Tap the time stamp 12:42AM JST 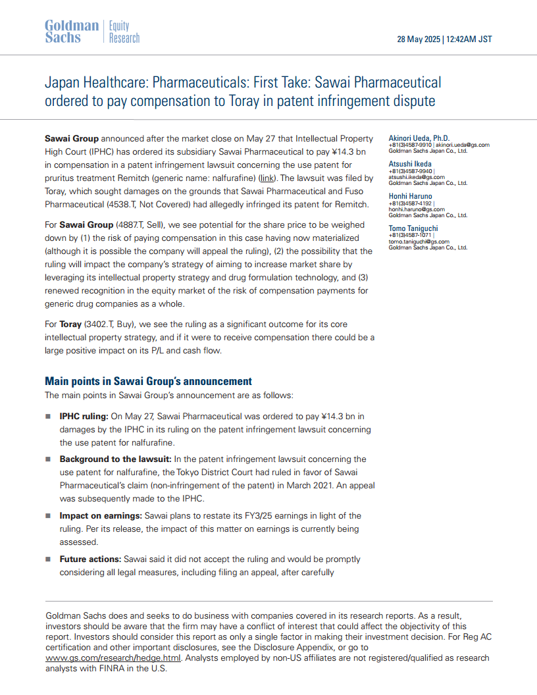pos(469,39)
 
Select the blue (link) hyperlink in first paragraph pos(267,178)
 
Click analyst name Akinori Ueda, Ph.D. pos(419,138)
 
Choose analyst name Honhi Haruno pos(411,196)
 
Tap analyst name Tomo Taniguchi pos(413,228)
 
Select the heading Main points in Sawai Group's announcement pos(148,381)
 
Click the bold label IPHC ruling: pos(84,416)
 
